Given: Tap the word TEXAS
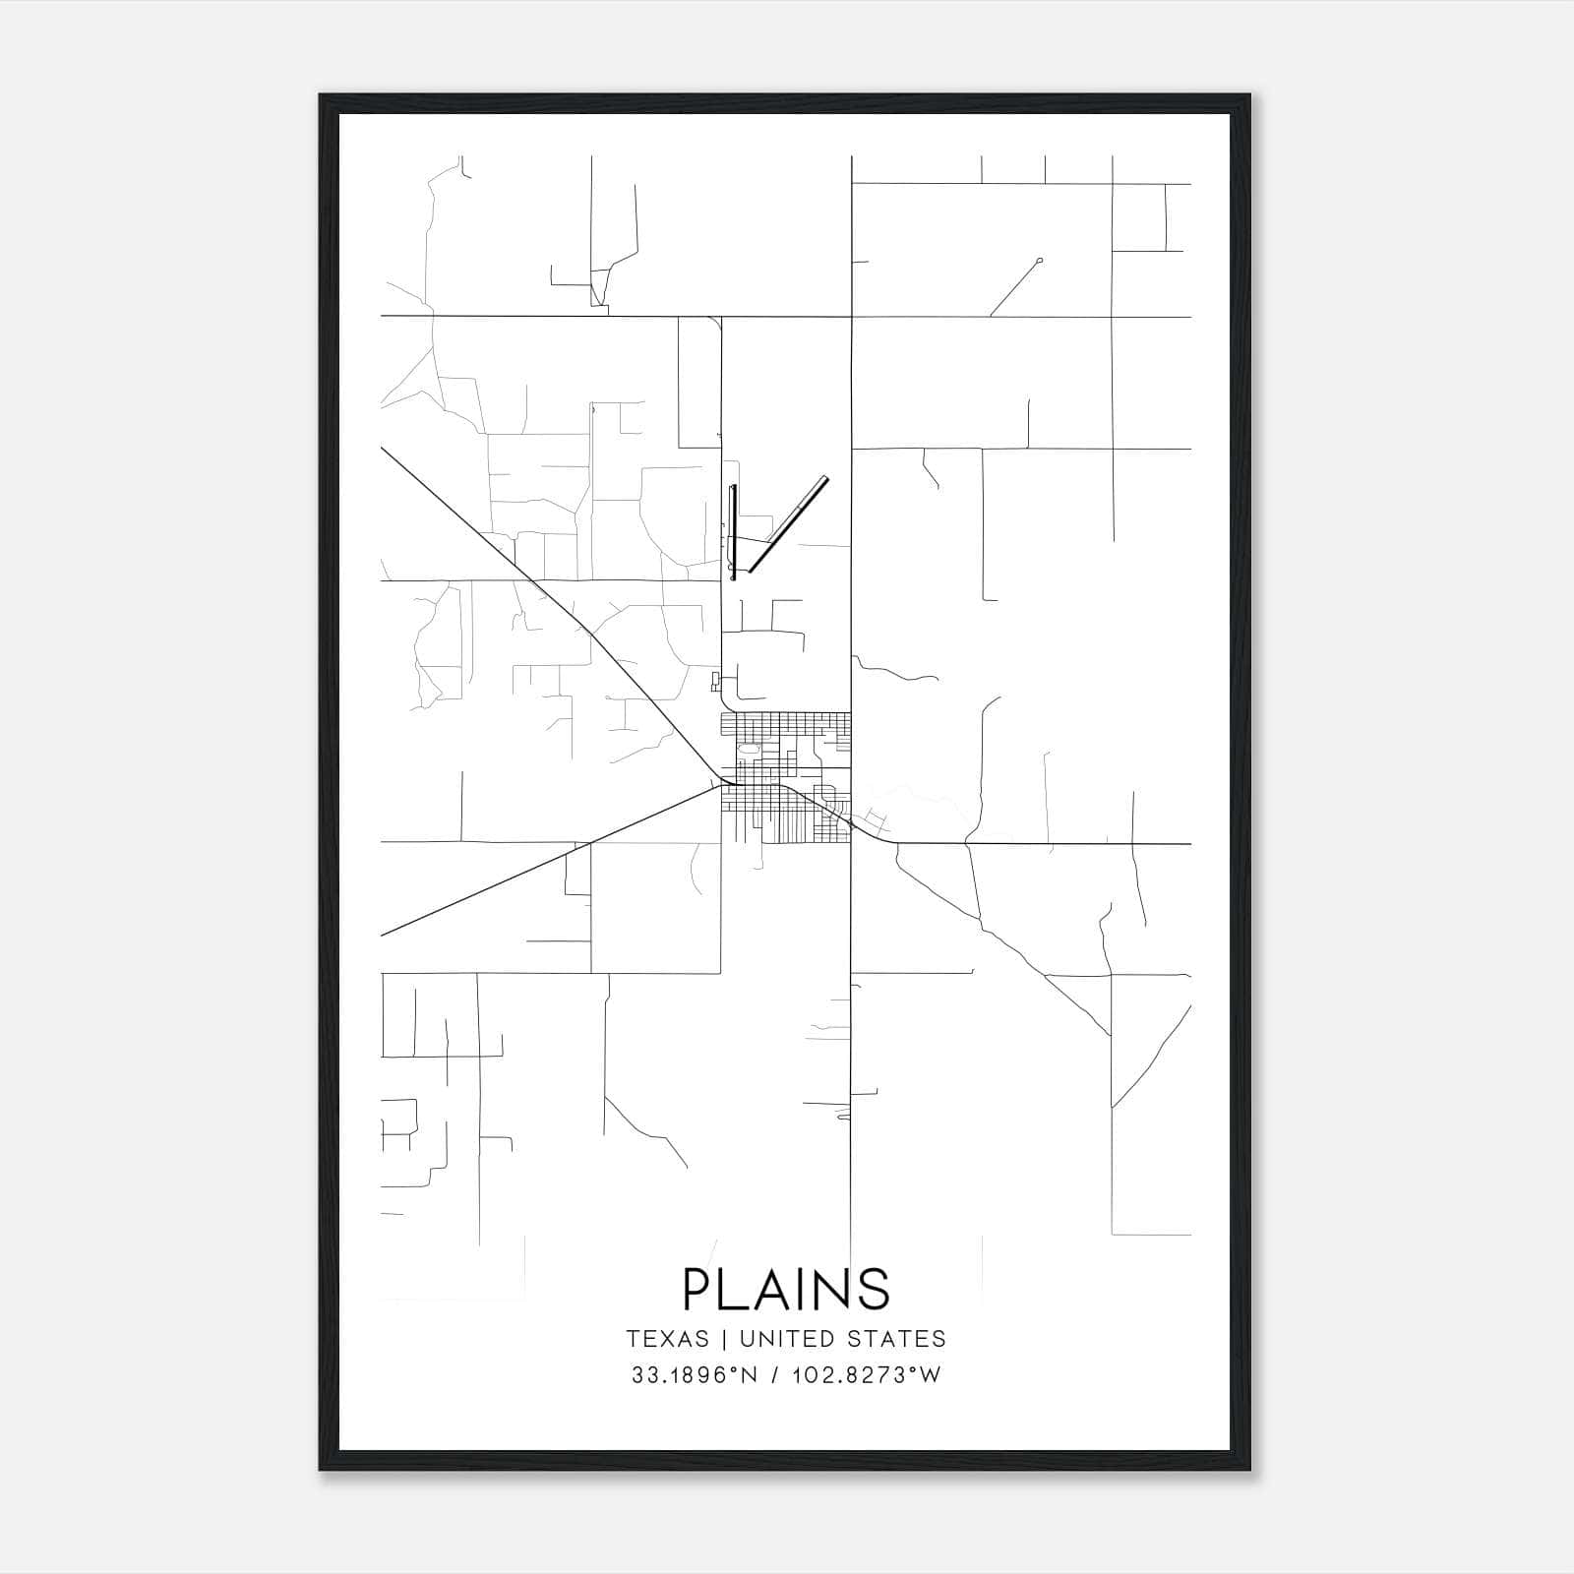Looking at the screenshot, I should [x=667, y=1339].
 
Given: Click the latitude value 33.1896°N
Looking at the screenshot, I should [x=695, y=1375].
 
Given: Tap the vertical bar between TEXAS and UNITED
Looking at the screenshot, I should [x=724, y=1339].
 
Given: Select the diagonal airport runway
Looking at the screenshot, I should [x=788, y=523].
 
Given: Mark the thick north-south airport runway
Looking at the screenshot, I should [x=732, y=531].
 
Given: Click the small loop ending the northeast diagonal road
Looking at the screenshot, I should [x=1040, y=261].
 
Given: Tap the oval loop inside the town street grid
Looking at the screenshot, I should [x=749, y=750].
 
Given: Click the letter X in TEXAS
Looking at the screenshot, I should [x=668, y=1339].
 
